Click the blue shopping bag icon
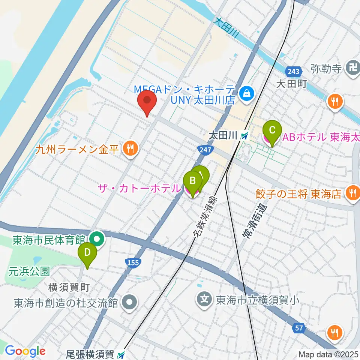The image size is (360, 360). pos(247,91)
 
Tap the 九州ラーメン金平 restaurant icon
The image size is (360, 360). pos(129,149)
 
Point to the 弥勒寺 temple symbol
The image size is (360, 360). pos(352,69)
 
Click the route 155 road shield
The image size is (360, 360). pos(133,263)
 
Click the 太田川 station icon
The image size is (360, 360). pos(244,136)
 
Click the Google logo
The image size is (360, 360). pos(25,351)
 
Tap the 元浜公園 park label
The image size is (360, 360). pos(30,270)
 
